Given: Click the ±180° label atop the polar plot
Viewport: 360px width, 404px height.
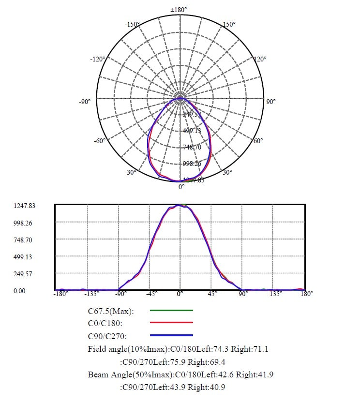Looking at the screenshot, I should coord(179,10).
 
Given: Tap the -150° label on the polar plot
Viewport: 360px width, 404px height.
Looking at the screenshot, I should coord(132,25).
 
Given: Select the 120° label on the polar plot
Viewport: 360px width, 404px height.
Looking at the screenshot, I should coord(260,59).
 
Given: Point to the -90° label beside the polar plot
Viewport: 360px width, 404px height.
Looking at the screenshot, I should coord(85,102).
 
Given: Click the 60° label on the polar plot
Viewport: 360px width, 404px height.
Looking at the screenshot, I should coord(258,141).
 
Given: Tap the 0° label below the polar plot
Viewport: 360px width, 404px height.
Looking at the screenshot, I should coord(181,187).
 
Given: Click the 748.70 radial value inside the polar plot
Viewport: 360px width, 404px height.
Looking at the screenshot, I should coord(192,147).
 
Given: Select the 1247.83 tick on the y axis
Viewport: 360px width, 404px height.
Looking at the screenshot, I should coord(25,206).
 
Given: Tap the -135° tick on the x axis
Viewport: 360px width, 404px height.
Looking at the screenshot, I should coord(92,294).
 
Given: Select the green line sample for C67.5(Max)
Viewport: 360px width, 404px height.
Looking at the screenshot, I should coord(172,310).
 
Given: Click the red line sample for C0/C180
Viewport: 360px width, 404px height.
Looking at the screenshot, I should coord(172,322).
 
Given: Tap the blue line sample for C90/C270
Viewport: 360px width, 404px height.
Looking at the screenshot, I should coord(172,335).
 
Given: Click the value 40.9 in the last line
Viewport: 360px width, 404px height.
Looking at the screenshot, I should coord(218,387).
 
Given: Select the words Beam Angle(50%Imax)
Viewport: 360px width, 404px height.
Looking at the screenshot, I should coord(129,374).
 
